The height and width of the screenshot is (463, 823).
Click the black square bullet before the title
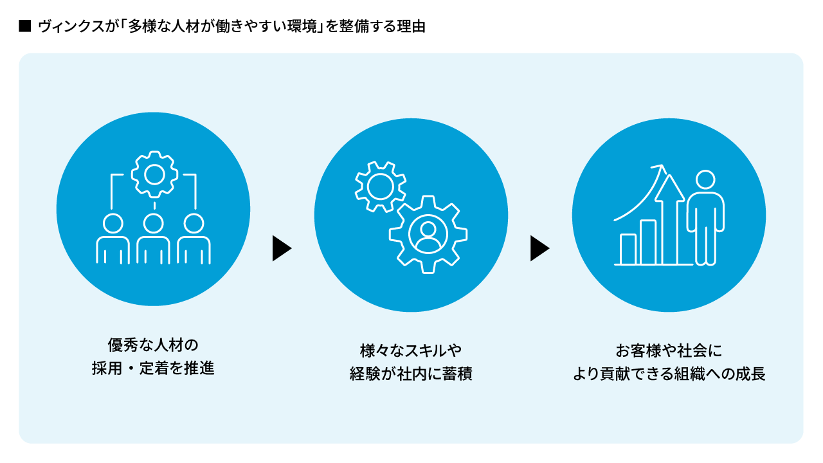pos(25,26)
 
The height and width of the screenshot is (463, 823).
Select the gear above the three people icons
pos(154,174)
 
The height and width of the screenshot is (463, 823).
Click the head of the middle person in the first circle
pos(153,223)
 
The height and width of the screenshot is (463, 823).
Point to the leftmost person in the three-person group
pos(113,239)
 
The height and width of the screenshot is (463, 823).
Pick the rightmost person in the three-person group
pos(194,239)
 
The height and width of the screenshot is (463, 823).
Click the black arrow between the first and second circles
pos(282,248)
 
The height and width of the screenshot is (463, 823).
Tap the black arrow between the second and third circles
pos(539,248)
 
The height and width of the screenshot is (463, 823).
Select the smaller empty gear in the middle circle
pos(380,186)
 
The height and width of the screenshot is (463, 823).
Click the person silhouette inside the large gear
pos(428,235)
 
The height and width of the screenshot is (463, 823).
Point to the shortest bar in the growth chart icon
pos(628,249)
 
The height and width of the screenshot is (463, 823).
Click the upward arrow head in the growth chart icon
pos(670,188)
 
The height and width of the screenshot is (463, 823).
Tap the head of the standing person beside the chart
pos(705,179)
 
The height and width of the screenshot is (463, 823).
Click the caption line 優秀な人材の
pos(153,345)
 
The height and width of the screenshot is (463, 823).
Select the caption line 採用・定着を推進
pos(153,368)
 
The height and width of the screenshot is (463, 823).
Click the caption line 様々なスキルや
pos(411,350)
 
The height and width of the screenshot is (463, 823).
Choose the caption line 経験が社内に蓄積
pos(411,374)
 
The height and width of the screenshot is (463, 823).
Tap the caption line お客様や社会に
pos(669,350)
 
